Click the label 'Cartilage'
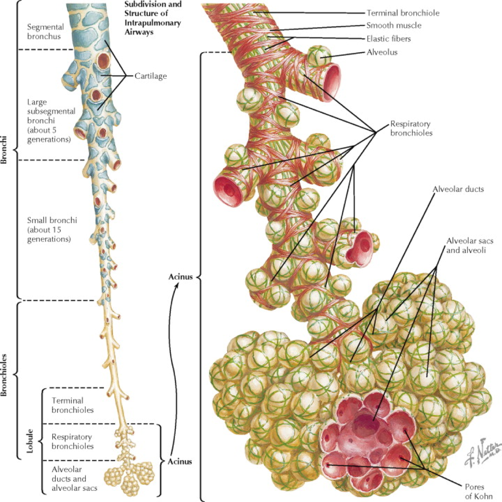coord(150,76)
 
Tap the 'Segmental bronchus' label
coord(45,32)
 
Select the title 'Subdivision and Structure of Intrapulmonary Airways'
coord(153,18)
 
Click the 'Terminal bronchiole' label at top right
coord(402,13)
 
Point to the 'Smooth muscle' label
coord(394,25)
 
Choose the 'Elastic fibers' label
coord(388,39)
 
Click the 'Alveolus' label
coord(382,52)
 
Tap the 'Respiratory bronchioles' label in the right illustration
coord(411,128)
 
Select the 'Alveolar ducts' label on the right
coord(458,189)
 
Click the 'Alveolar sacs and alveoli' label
coord(469,245)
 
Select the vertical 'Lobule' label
coord(30,441)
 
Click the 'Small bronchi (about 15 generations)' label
coord(52,229)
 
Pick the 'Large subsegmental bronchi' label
coord(49,120)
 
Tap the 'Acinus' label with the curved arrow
coord(180,277)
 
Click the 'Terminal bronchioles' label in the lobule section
coord(72,405)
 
